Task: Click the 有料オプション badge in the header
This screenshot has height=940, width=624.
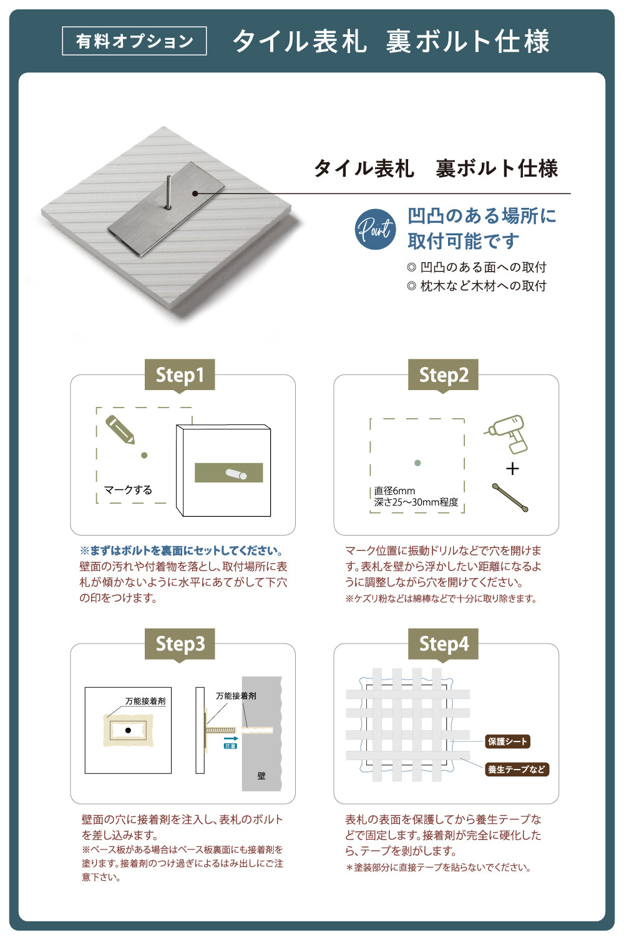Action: (134, 41)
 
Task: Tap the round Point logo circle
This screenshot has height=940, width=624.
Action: (375, 229)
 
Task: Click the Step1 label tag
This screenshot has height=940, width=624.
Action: (180, 375)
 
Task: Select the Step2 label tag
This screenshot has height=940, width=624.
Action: (443, 375)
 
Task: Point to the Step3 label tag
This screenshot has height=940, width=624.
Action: (180, 644)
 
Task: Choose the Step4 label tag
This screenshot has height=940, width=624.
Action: (443, 644)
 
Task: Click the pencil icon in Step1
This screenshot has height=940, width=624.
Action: (120, 429)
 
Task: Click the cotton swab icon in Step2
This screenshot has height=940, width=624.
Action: (510, 497)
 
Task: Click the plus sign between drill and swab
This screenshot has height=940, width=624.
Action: (512, 468)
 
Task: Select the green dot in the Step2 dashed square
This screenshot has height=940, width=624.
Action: (417, 463)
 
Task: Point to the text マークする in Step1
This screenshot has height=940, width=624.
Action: (128, 490)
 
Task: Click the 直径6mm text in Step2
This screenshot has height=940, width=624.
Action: (394, 491)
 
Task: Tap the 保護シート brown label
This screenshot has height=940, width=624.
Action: (508, 742)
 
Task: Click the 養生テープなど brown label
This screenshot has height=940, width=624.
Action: (517, 770)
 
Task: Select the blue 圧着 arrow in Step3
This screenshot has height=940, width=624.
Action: (230, 741)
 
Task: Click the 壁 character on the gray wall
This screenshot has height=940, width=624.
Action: (261, 776)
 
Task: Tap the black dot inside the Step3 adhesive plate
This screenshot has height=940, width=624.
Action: (128, 730)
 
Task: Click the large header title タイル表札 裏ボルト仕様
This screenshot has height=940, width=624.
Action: (391, 42)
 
